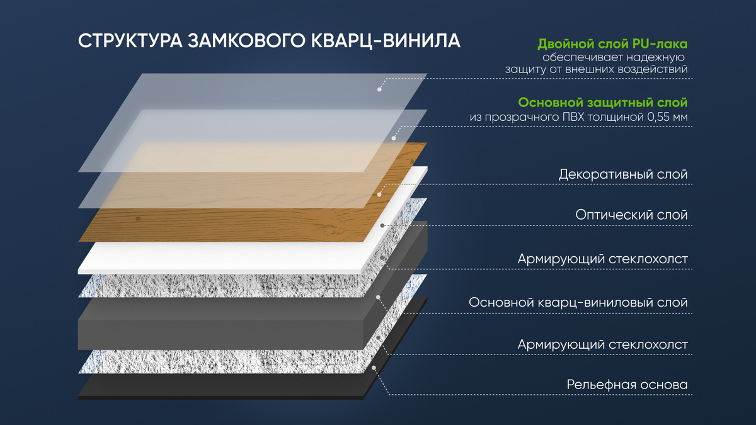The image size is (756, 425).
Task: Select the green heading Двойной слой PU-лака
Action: point(612,44)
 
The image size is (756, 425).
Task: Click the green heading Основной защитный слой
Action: point(602,103)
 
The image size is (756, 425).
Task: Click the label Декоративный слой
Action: point(623,174)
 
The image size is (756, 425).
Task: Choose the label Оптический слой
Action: point(631,215)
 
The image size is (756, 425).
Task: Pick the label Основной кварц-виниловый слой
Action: point(578,302)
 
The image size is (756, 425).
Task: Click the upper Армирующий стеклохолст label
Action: point(602,259)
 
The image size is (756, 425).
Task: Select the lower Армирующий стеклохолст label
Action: point(602,344)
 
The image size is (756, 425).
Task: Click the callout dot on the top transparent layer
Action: point(379,89)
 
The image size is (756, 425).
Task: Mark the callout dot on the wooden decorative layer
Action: point(379,195)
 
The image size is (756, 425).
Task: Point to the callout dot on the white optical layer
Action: point(382,225)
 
